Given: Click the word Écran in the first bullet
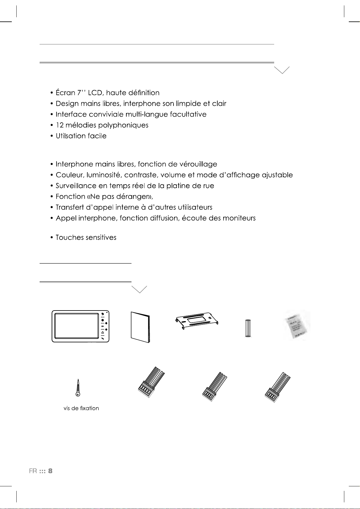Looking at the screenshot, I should coord(65,93).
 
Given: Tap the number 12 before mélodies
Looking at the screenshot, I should coord(60,125).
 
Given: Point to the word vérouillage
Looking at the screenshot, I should coord(198,164).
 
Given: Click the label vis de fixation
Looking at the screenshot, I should coord(81,408).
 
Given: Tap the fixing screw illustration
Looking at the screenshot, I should coord(78,387).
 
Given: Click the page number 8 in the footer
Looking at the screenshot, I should coord(50,471).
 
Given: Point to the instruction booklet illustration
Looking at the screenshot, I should coord(140,327).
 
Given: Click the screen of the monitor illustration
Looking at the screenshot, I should coord(76,326).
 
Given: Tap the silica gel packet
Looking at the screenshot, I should coord(296,325).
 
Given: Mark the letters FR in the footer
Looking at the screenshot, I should coord(33,471).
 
